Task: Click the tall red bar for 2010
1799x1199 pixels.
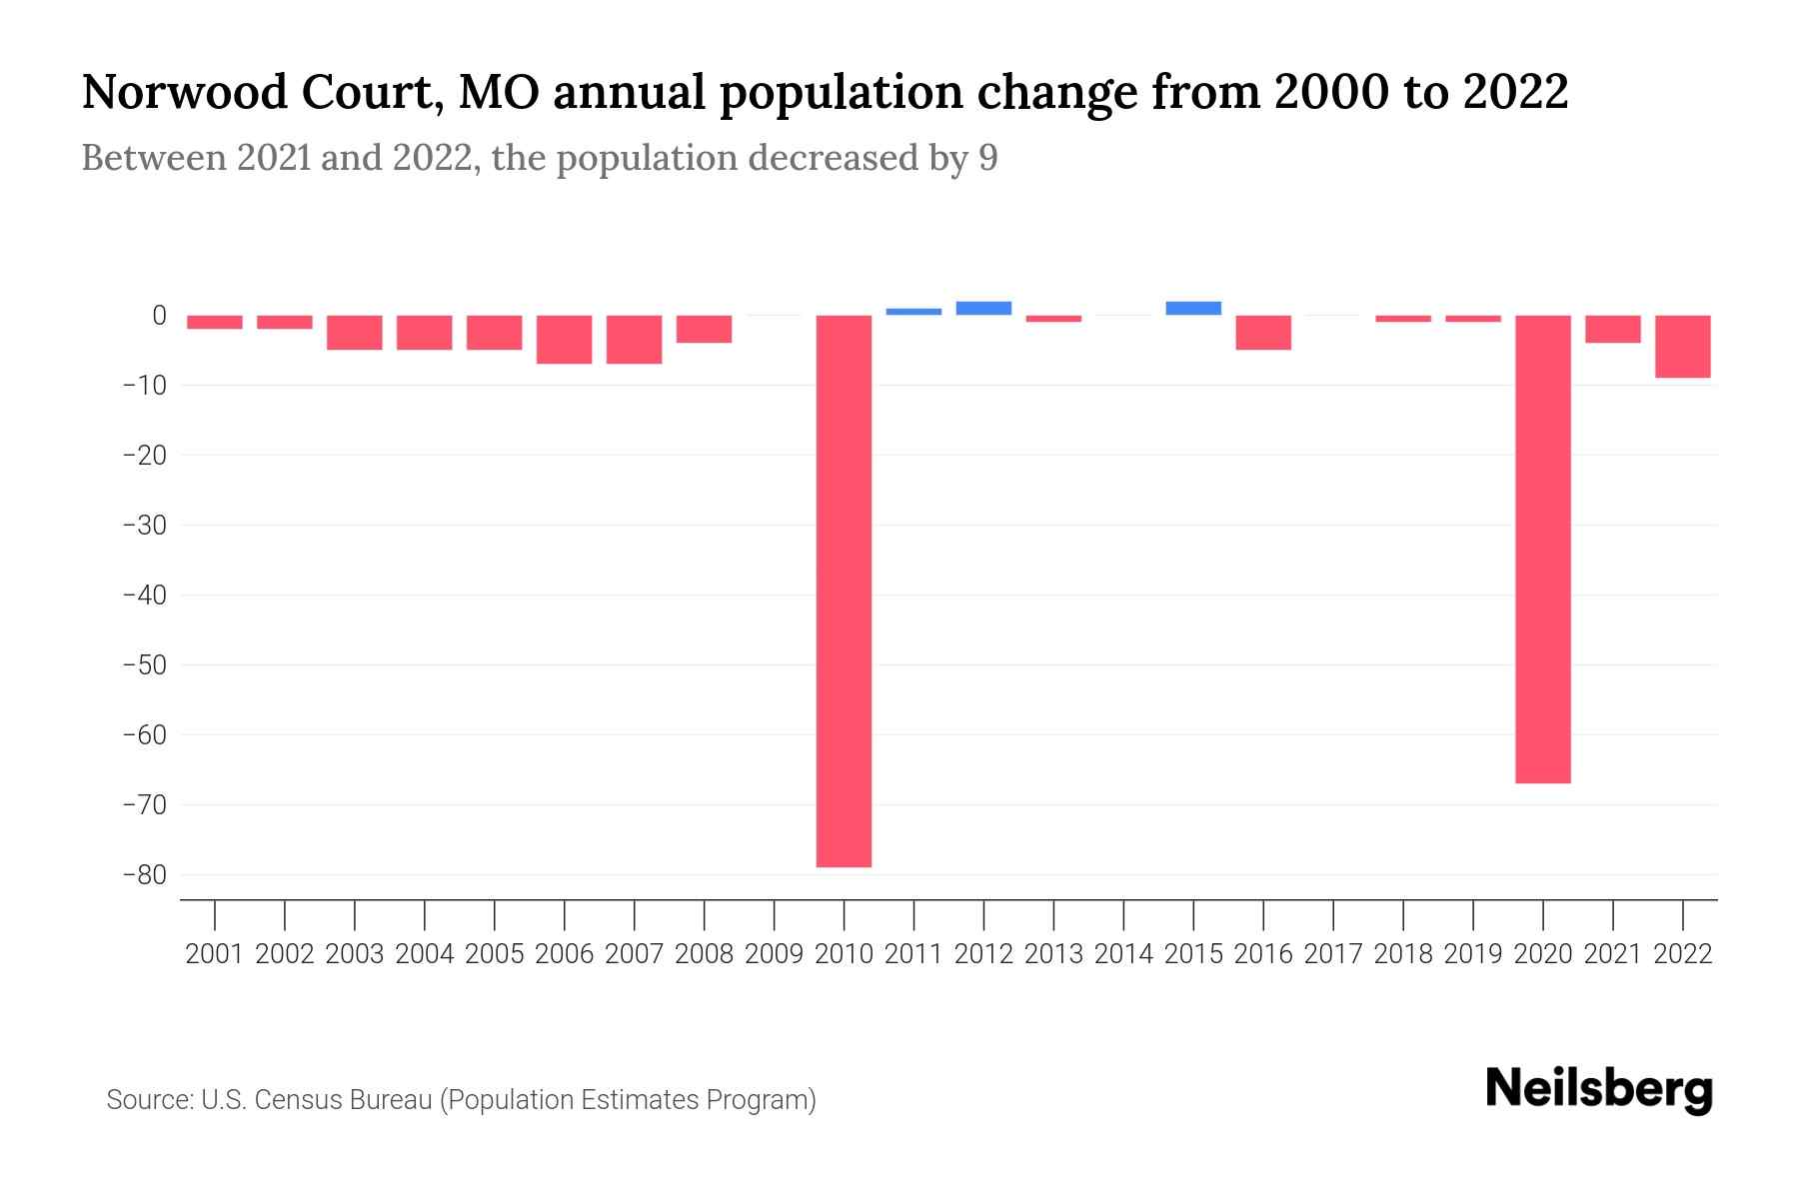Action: coord(844,590)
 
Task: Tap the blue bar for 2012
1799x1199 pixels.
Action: coord(983,309)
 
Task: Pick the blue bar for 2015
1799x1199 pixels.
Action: coord(1193,309)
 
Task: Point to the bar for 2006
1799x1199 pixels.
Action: coord(564,340)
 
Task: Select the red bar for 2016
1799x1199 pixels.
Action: coord(1263,333)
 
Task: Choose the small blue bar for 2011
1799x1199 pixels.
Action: coord(913,312)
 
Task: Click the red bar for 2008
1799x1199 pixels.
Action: coord(704,330)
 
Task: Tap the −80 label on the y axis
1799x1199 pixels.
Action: coord(144,875)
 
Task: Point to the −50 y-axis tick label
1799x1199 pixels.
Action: coord(144,665)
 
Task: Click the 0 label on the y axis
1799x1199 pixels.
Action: coord(159,316)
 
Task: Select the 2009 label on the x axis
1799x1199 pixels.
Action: coord(774,954)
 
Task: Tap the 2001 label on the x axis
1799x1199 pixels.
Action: coord(215,954)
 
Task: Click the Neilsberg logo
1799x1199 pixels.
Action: coord(1598,1089)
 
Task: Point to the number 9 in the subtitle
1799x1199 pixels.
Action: coord(987,158)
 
